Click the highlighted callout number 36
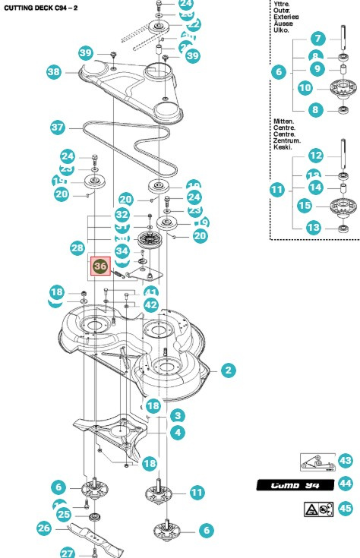[100, 266]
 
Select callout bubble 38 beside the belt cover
[54, 72]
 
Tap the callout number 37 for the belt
[58, 128]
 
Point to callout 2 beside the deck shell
[228, 370]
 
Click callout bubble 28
[77, 248]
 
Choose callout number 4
[177, 433]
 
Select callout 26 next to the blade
[43, 527]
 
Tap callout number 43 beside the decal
[346, 461]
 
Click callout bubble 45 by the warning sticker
[346, 509]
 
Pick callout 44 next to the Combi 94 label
[346, 484]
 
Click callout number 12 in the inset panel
[317, 156]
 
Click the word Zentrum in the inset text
[287, 141]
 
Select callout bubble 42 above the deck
[151, 304]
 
